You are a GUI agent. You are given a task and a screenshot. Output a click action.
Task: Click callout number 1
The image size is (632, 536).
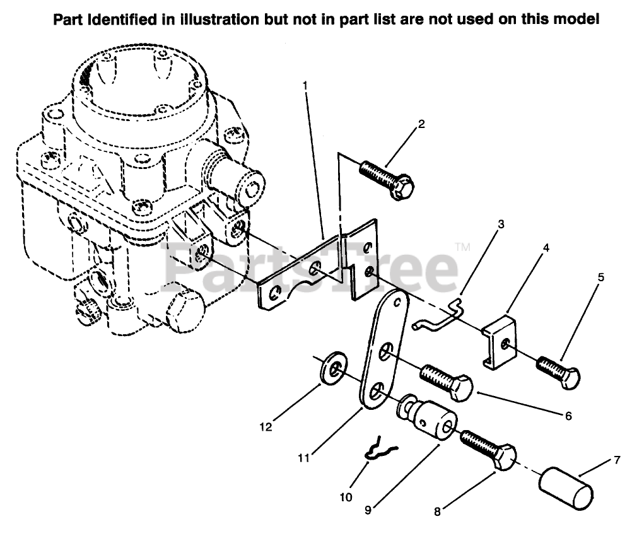click(305, 84)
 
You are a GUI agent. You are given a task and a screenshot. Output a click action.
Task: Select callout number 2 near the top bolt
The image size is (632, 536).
click(421, 124)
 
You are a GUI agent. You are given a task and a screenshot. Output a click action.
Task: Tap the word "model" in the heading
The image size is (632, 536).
click(573, 20)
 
